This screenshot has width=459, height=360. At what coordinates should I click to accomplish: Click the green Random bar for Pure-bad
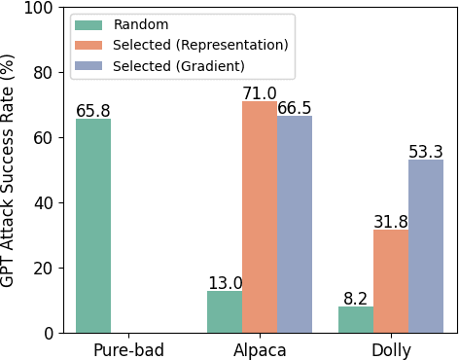93,226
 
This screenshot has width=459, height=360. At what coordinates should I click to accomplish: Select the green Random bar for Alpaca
225,311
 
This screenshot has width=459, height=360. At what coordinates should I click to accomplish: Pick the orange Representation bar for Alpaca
260,217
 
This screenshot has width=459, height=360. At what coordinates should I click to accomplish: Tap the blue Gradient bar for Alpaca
295,225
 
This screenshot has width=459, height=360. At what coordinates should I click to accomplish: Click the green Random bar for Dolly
356,319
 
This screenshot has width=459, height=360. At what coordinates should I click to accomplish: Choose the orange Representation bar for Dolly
391,281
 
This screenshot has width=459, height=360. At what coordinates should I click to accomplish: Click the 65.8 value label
93,111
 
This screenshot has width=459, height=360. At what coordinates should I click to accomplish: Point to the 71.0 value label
260,93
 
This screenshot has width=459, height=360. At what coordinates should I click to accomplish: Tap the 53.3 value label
426,152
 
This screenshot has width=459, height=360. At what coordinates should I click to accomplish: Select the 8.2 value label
356,299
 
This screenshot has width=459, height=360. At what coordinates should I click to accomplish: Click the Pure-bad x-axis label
128,350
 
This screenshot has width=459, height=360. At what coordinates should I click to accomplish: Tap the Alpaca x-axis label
260,350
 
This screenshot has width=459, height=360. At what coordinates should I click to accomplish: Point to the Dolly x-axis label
391,350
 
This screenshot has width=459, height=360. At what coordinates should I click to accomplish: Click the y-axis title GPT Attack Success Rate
9,170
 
